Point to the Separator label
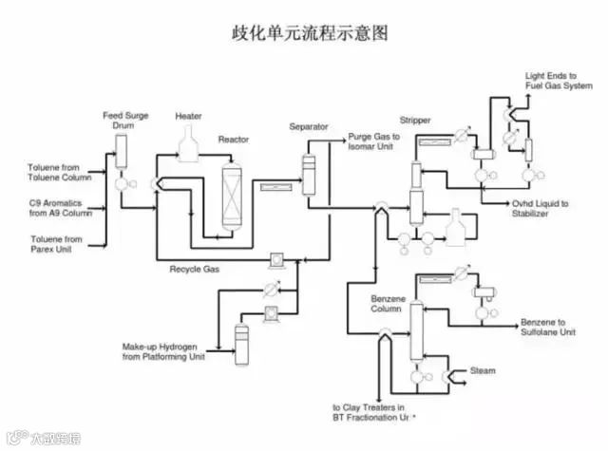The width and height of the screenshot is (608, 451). click(309, 126)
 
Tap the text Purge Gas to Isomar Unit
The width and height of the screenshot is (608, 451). click(373, 142)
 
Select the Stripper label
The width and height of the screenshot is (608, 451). click(415, 122)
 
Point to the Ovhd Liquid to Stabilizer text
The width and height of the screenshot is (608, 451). click(539, 208)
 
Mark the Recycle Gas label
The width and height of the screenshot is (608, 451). click(195, 270)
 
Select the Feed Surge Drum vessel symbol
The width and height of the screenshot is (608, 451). click(121, 150)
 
